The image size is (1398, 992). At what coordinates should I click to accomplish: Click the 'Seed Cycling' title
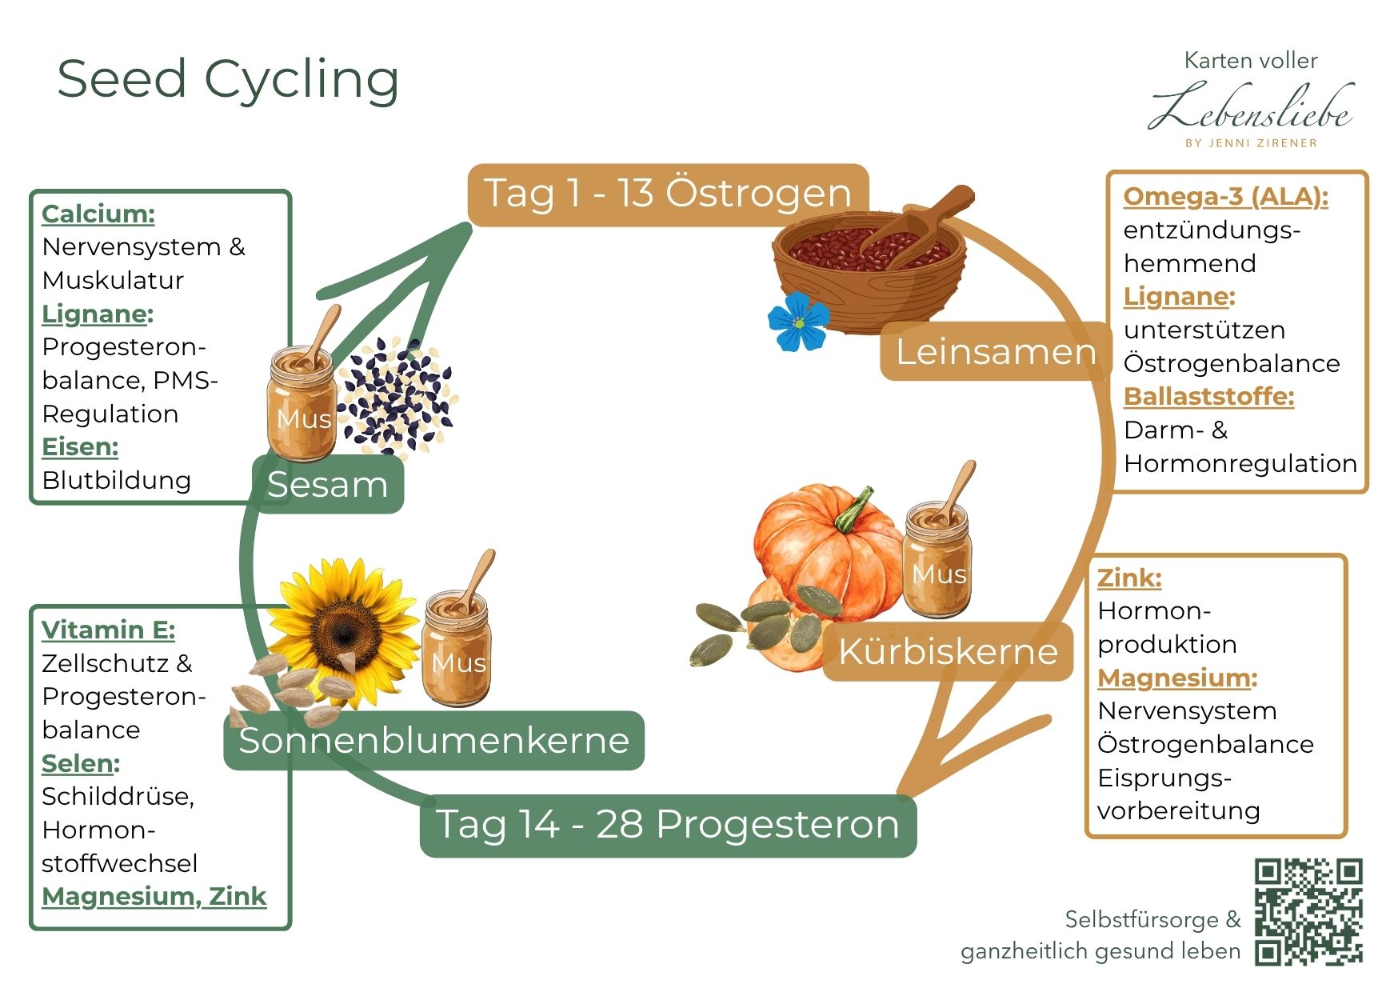coord(228,80)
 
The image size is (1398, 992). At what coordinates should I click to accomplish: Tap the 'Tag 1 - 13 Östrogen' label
coord(668,194)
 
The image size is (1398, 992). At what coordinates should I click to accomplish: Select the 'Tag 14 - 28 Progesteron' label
coord(668,825)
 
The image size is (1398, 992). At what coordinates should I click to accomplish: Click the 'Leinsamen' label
coord(995,352)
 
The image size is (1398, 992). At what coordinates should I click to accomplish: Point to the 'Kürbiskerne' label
coord(948,651)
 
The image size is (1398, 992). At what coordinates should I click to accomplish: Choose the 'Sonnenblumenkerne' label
coord(433,741)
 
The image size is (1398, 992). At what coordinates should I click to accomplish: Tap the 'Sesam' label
coord(328,485)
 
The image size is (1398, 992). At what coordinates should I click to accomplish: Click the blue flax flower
coord(798,322)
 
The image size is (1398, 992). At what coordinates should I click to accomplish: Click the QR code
coord(1308,911)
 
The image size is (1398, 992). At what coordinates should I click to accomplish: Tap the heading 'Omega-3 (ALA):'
coord(1225,197)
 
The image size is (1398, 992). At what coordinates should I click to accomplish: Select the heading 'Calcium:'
coord(98,214)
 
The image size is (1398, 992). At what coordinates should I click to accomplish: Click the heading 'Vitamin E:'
coord(108,630)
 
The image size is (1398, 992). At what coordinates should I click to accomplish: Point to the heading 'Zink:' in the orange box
coord(1129,578)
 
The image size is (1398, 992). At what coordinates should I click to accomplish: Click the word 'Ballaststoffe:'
coord(1208,397)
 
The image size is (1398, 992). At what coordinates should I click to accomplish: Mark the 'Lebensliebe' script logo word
coord(1252,110)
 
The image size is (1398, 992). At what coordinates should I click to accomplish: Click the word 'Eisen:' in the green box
coord(80,447)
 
